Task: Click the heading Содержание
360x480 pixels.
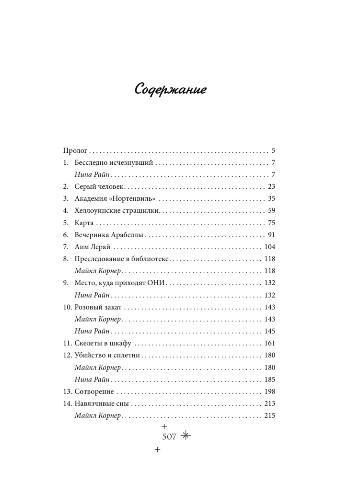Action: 170,90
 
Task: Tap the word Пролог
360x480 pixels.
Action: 75,151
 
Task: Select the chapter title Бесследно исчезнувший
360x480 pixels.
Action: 114,163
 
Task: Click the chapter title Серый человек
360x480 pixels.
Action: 100,187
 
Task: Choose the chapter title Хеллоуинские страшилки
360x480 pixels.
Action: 117,211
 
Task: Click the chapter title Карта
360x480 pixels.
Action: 84,223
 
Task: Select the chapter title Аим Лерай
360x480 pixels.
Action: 93,247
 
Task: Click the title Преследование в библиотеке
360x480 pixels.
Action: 122,259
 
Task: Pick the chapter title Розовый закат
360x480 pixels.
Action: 98,307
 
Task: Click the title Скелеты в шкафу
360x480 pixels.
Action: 103,343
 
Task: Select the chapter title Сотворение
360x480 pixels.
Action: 94,391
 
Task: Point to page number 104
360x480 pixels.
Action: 270,247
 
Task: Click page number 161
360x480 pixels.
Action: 270,343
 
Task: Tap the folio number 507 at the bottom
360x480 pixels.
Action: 169,437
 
